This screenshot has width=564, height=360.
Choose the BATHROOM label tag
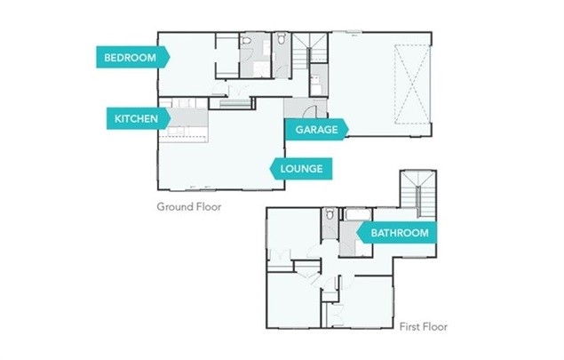point(397,233)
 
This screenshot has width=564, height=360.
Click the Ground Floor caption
point(188,206)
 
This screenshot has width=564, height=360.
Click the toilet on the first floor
point(330,216)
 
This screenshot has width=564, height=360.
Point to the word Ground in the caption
point(174,206)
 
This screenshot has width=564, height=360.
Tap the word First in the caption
point(410,326)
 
